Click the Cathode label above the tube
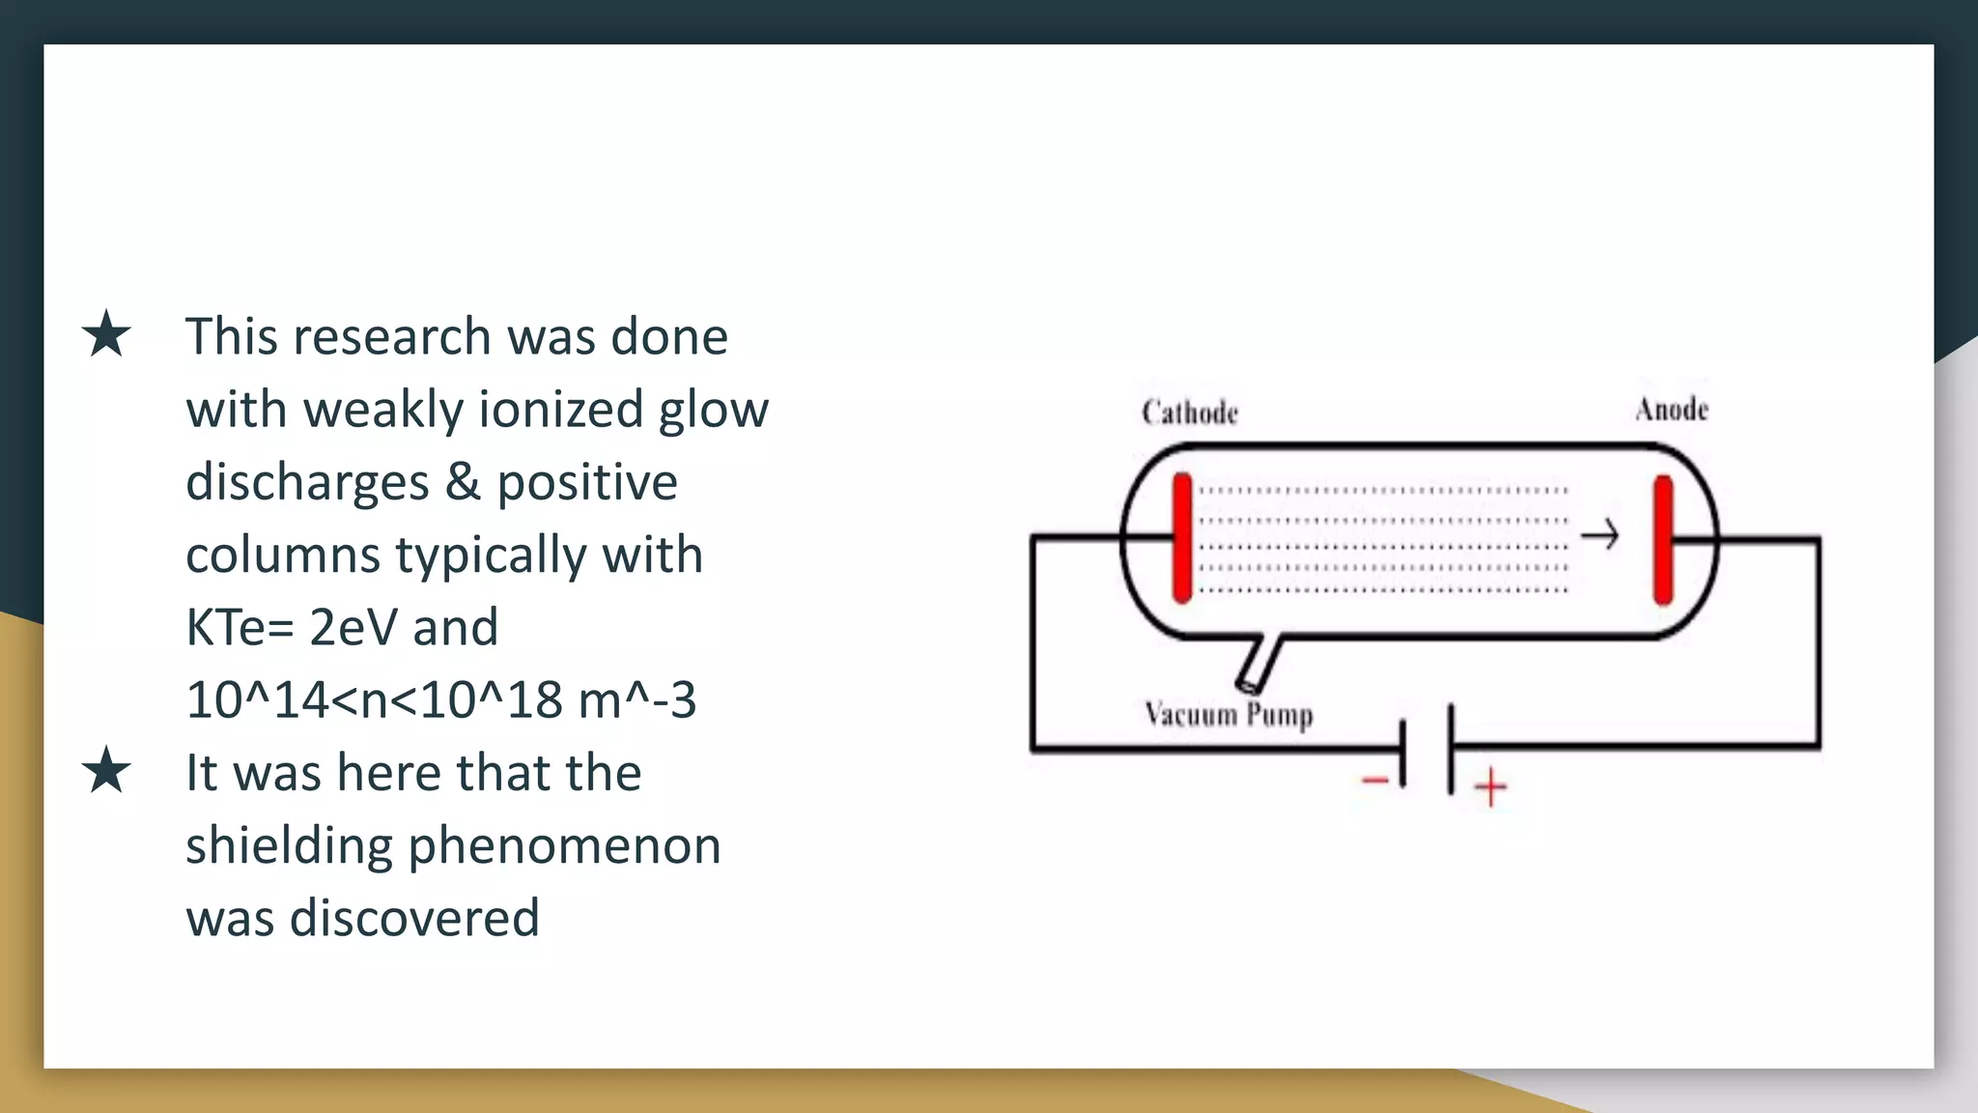[1189, 413]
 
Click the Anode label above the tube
[1671, 410]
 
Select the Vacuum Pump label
[1229, 715]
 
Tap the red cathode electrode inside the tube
[1182, 538]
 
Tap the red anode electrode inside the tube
[1662, 539]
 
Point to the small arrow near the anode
[1599, 534]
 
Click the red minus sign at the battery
[1375, 780]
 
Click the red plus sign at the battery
[1490, 786]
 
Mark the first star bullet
[106, 335]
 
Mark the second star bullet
[106, 771]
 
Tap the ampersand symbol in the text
[463, 482]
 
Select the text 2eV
[353, 628]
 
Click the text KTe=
[239, 628]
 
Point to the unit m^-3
[636, 700]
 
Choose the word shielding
[288, 846]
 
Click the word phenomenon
[564, 846]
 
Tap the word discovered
[413, 918]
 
